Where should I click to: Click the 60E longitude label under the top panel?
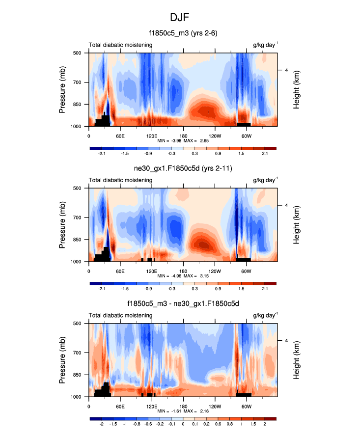click(120, 136)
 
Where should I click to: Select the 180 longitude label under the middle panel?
click(183, 271)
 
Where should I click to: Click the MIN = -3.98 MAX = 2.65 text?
click(183, 141)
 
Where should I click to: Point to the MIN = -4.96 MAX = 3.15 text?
click(183, 276)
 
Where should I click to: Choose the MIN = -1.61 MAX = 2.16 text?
click(183, 412)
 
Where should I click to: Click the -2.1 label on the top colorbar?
click(102, 154)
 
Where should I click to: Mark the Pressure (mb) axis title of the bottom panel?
click(62, 360)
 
